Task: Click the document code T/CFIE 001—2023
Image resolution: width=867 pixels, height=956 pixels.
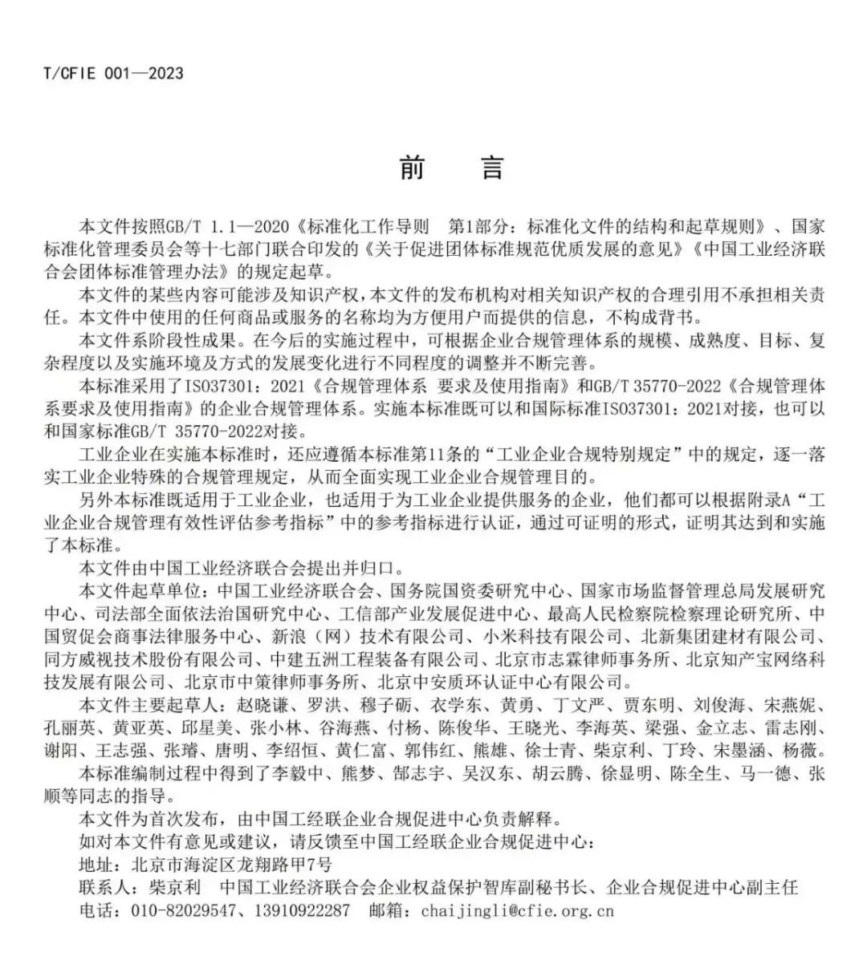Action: [x=113, y=74]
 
